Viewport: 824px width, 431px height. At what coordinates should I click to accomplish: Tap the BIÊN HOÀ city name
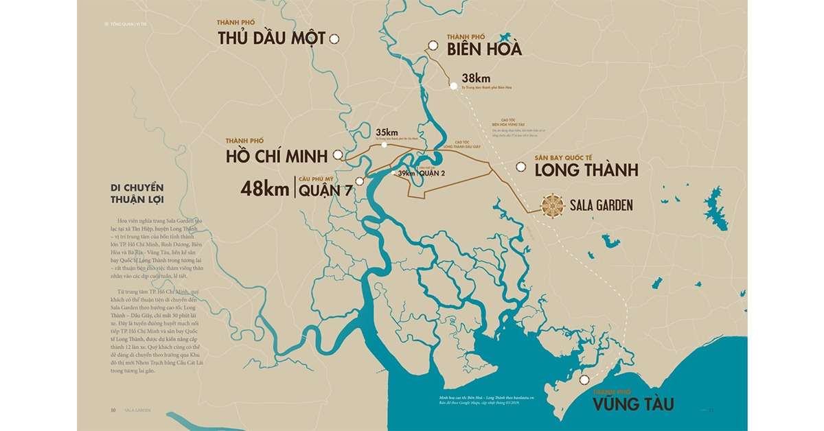coord(484,49)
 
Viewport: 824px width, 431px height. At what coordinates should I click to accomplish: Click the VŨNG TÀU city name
coord(633,404)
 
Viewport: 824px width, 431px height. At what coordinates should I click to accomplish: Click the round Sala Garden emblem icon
coord(552,205)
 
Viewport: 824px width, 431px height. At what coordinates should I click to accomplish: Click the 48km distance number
coord(264,189)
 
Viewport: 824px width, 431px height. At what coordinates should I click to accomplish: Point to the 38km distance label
coord(476,78)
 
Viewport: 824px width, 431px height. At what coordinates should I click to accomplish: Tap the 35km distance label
coord(387,132)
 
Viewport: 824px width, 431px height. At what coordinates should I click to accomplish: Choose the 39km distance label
coord(407,173)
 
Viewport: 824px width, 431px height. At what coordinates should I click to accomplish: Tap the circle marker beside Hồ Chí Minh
coord(338,155)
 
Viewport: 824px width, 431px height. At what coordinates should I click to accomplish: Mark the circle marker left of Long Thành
coord(521,167)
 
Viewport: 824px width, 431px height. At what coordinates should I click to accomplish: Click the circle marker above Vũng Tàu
coord(584,380)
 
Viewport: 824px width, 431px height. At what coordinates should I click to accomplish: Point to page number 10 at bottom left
coord(113,410)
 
